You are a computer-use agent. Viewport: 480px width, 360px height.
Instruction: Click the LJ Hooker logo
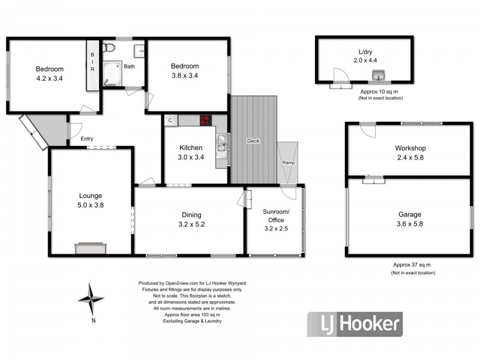[x=355, y=325]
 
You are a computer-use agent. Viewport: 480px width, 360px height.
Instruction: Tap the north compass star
[x=91, y=299]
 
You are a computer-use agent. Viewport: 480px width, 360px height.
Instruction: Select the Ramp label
[x=287, y=163]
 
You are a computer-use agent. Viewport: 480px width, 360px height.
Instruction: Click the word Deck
[x=253, y=141]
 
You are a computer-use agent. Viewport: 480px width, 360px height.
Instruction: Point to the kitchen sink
[x=221, y=143]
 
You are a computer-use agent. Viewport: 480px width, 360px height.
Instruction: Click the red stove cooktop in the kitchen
[x=207, y=120]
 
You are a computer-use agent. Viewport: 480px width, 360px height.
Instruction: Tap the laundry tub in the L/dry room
[x=379, y=74]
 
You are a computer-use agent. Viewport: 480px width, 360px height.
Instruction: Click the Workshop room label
[x=410, y=148]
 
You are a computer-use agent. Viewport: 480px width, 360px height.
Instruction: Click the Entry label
[x=87, y=139]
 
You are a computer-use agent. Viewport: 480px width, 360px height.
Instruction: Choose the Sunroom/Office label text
[x=276, y=216]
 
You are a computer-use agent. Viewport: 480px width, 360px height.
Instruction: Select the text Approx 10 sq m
[x=379, y=91]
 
